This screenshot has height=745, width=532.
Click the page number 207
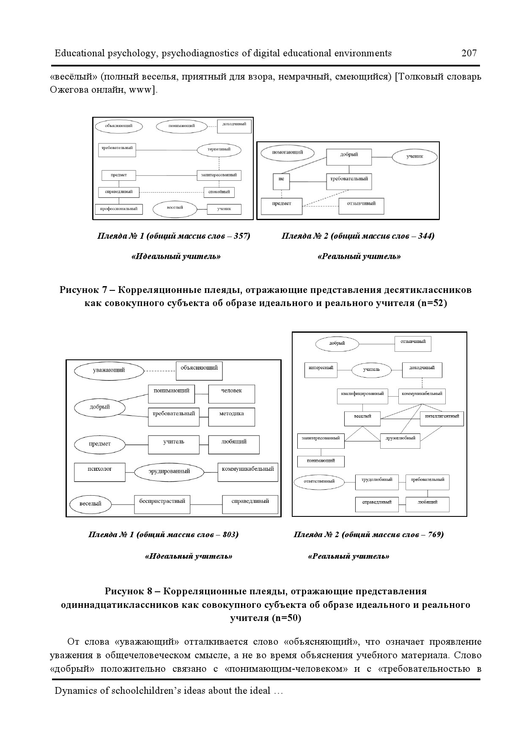click(x=469, y=53)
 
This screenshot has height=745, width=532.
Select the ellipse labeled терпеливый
click(x=219, y=149)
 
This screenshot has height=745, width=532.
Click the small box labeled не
click(x=281, y=182)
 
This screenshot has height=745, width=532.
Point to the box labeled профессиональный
click(x=119, y=209)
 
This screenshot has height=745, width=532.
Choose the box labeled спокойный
click(x=219, y=192)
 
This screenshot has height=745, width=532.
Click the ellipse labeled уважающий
click(x=109, y=371)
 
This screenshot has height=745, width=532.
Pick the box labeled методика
click(x=231, y=417)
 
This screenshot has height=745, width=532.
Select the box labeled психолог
click(x=100, y=472)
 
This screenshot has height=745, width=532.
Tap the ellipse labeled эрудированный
click(x=169, y=472)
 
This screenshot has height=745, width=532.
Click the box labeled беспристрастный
click(x=162, y=504)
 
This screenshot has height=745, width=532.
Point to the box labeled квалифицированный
click(x=362, y=396)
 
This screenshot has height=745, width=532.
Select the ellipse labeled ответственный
click(x=319, y=481)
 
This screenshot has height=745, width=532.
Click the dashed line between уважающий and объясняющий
click(x=160, y=371)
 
